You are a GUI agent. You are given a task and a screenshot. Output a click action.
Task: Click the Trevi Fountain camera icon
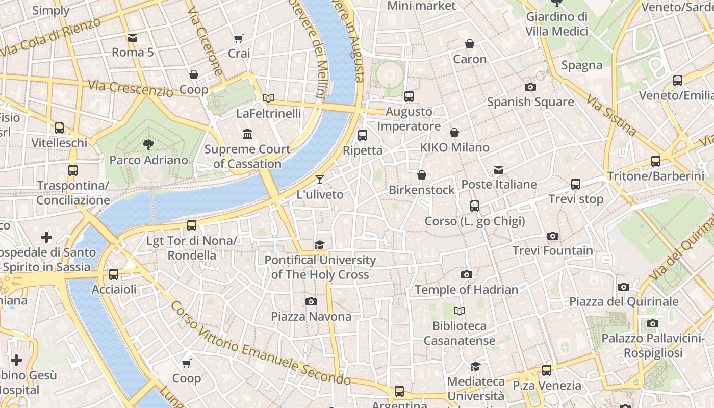pyautogui.click(x=552, y=236)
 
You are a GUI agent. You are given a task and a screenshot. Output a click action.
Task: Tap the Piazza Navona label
pyautogui.click(x=311, y=317)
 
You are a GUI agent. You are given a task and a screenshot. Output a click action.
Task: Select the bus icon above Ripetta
pyautogui.click(x=363, y=135)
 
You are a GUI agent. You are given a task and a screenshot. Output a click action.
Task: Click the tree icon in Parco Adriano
pyautogui.click(x=148, y=145)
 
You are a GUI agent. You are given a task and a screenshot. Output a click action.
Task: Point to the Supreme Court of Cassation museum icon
pyautogui.click(x=247, y=134)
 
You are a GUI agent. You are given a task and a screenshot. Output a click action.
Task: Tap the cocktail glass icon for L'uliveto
pyautogui.click(x=320, y=179)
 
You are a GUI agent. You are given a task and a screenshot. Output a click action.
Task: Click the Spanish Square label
pyautogui.click(x=530, y=102)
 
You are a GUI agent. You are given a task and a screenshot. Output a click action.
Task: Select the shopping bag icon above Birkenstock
pyautogui.click(x=422, y=175)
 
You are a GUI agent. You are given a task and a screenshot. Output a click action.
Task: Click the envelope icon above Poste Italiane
pyautogui.click(x=498, y=169)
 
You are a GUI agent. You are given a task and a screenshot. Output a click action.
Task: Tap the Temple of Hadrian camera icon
pyautogui.click(x=466, y=275)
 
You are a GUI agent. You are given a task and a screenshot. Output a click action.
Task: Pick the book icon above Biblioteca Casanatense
pyautogui.click(x=460, y=311)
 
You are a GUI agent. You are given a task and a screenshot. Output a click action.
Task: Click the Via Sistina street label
pyautogui.click(x=611, y=115)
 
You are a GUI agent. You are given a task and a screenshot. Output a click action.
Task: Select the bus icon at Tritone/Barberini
pyautogui.click(x=656, y=161)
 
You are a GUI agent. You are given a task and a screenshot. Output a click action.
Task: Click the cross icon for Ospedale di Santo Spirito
pyautogui.click(x=46, y=237)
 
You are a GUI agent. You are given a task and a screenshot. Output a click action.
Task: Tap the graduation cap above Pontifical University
pyautogui.click(x=320, y=245)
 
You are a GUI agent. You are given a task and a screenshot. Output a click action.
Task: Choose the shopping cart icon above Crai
pyautogui.click(x=239, y=38)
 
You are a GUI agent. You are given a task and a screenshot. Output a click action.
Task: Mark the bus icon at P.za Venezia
pyautogui.click(x=547, y=370)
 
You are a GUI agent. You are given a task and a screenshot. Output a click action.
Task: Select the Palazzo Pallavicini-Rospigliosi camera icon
pyautogui.click(x=652, y=323)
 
